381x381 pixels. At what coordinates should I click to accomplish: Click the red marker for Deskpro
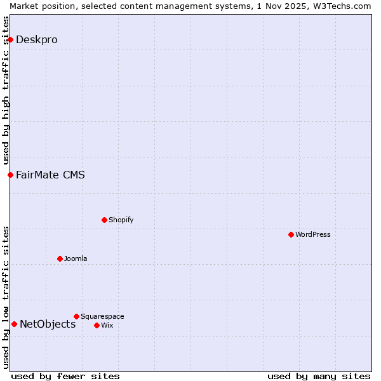click(x=10, y=39)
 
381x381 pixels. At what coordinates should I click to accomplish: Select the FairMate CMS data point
click(x=10, y=175)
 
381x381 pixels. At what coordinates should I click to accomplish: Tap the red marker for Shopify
click(x=104, y=220)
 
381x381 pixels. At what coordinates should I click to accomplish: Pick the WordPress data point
click(x=291, y=234)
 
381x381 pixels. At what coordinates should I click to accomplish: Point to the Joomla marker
click(x=60, y=258)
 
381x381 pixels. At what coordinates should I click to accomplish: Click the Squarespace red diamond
click(x=76, y=316)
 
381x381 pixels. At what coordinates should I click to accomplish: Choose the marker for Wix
click(x=97, y=325)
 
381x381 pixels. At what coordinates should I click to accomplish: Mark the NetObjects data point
click(x=14, y=324)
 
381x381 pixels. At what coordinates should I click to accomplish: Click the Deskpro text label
click(x=37, y=39)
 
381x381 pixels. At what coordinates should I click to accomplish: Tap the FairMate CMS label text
click(x=50, y=175)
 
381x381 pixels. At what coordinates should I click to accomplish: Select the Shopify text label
click(x=121, y=220)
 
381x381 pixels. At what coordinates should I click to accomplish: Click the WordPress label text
click(x=313, y=234)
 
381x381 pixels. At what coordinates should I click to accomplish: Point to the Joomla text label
click(x=76, y=258)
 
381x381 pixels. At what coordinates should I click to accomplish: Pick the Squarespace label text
click(x=102, y=316)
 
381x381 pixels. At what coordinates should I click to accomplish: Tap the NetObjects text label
click(x=48, y=324)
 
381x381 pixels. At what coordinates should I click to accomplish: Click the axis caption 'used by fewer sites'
click(x=65, y=376)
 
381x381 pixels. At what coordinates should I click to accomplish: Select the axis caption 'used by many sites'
click(x=319, y=376)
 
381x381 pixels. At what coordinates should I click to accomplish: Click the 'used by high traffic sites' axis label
click(x=6, y=90)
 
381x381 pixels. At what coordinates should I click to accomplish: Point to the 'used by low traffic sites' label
click(x=6, y=297)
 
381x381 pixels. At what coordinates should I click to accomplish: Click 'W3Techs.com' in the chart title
click(x=341, y=6)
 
